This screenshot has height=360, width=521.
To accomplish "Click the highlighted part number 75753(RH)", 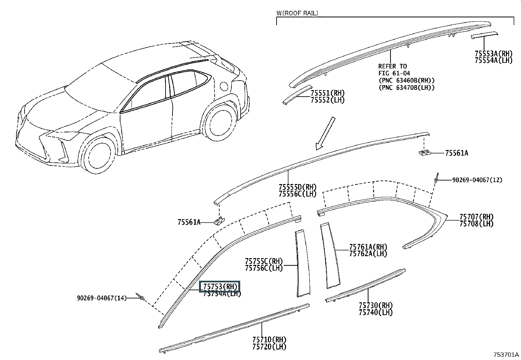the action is click(220, 286).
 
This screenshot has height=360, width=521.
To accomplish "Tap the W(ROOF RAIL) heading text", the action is click(297, 13).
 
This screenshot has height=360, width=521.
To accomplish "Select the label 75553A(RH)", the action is click(494, 53).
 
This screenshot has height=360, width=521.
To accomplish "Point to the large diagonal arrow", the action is click(325, 133).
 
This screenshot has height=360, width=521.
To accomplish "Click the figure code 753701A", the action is click(506, 354).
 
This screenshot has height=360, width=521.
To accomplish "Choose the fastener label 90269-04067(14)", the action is click(102, 298).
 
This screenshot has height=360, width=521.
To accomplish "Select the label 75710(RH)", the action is click(269, 339).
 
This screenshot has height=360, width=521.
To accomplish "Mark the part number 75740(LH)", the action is click(376, 312).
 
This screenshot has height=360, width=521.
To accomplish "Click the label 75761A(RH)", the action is click(368, 247).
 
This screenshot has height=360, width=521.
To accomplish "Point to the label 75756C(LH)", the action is click(264, 268).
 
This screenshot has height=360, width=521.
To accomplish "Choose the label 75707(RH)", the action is click(476, 217).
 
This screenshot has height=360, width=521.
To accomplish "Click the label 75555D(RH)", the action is click(298, 187).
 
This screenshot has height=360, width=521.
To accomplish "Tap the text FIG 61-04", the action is click(394, 73).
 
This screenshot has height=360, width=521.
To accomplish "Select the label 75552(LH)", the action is click(328, 100).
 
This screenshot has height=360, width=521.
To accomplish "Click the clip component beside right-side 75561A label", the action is click(424, 153).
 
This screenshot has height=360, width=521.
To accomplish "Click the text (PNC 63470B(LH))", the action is click(406, 87).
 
